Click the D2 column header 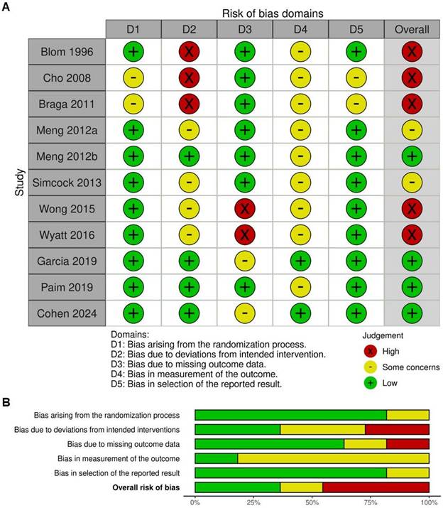tap(189, 29)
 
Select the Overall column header tap(412, 29)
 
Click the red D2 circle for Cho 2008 tap(189, 77)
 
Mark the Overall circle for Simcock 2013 tap(412, 183)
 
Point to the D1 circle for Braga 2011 tap(133, 104)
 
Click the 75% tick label tap(370, 502)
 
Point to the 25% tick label tap(253, 502)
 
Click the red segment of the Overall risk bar tap(376, 486)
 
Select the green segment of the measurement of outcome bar tap(216, 458)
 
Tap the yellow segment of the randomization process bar tap(408, 415)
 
